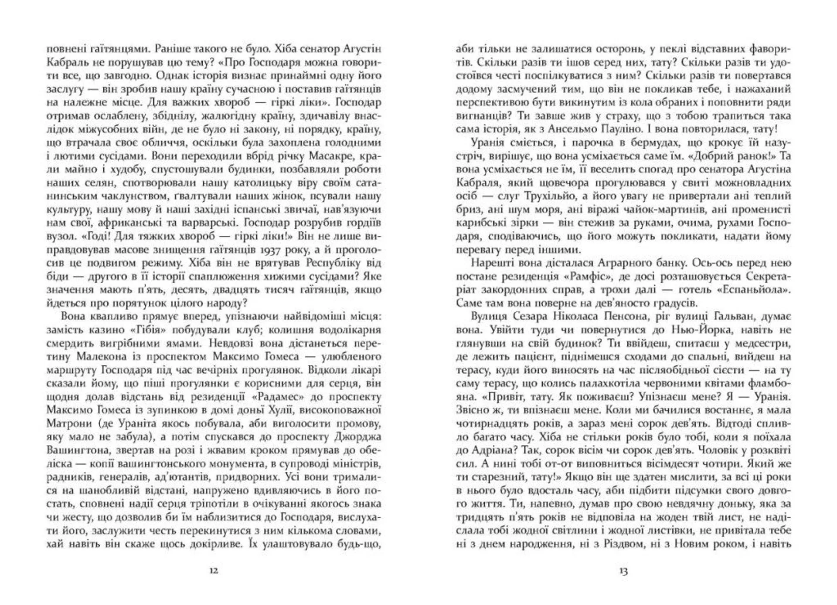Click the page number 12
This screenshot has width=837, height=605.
(x=214, y=571)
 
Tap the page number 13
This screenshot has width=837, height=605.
(x=623, y=571)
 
